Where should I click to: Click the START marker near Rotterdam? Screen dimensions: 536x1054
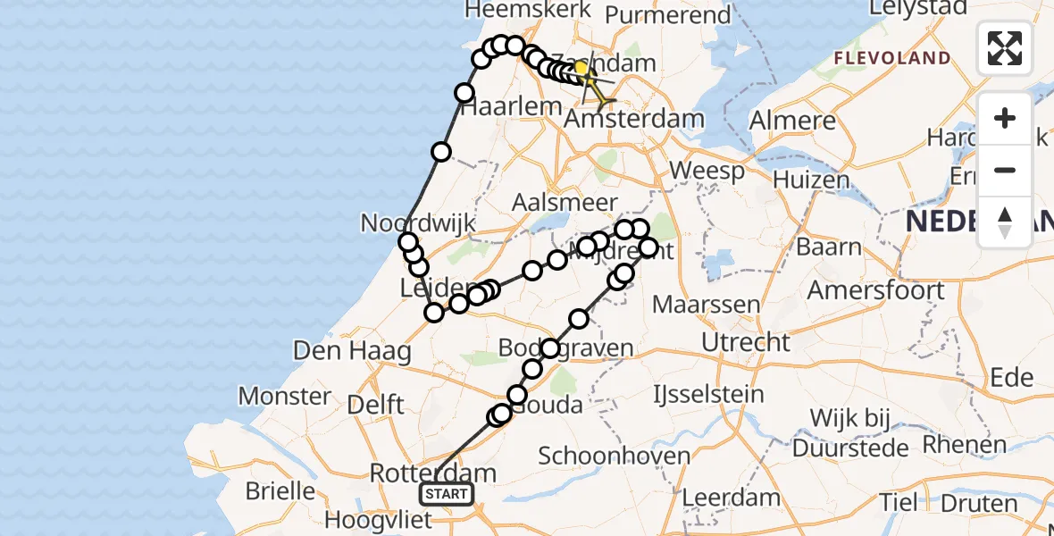(446, 494)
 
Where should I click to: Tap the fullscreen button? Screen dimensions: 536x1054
(1005, 48)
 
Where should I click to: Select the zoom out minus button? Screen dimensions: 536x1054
(1005, 171)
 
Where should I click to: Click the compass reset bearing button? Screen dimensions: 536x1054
(1005, 222)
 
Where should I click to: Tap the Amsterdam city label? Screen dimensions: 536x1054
(635, 119)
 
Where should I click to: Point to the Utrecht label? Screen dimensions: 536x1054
(745, 342)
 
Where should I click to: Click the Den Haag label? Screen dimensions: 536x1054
(352, 350)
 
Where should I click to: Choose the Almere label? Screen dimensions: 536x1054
(793, 121)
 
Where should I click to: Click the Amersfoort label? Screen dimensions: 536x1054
(875, 290)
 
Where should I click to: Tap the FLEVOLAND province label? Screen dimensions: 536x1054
(892, 58)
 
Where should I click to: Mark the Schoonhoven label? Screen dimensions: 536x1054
(615, 456)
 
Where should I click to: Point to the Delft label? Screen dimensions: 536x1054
(375, 405)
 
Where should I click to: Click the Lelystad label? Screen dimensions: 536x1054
(922, 9)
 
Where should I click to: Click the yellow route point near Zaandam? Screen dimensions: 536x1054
(581, 68)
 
